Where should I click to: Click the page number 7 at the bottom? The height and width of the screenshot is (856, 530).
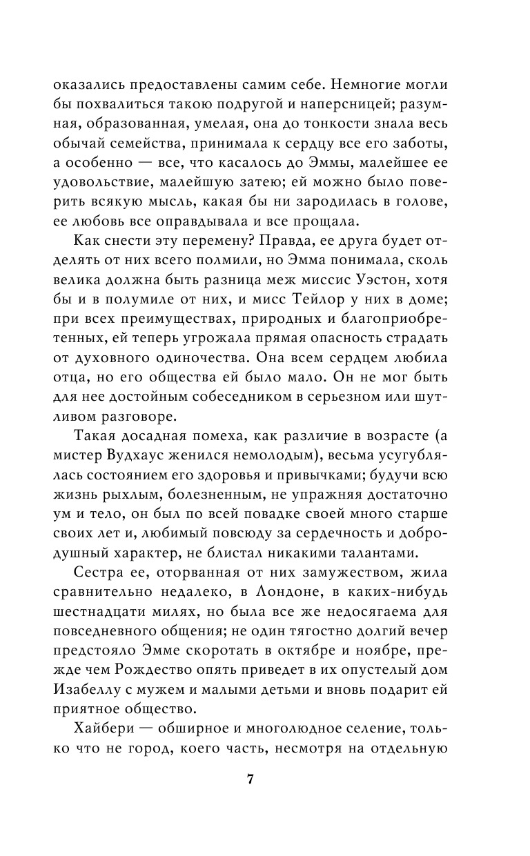pos(251,780)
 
